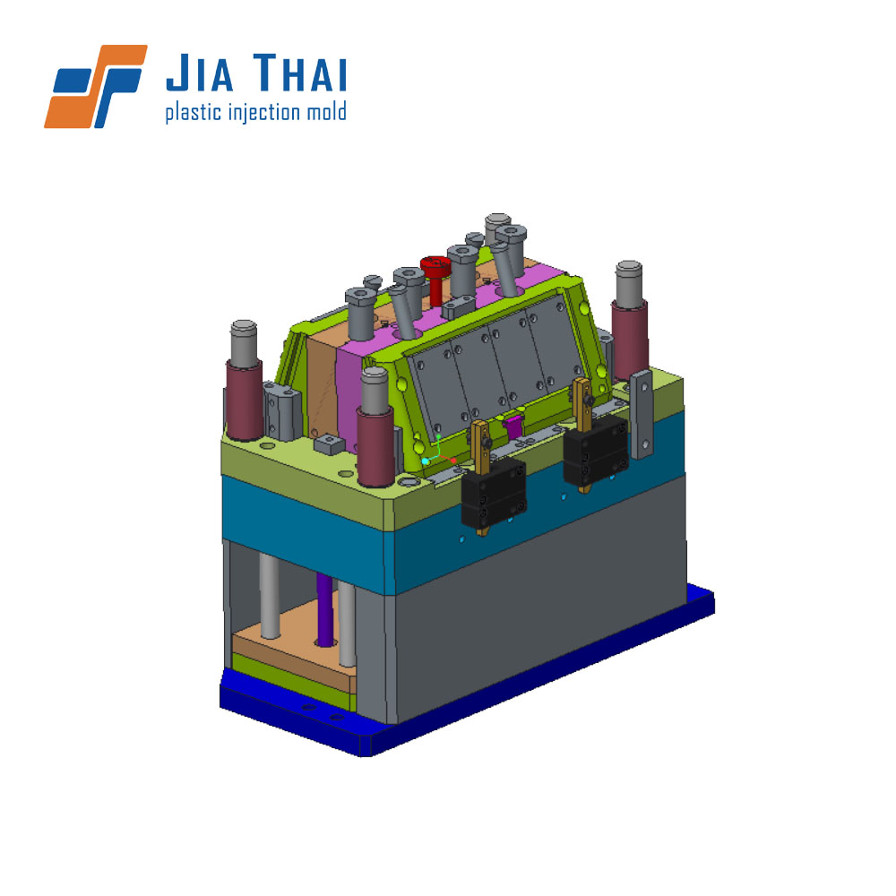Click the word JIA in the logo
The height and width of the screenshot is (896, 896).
pyautogui.click(x=200, y=73)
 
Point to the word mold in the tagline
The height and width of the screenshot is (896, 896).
pyautogui.click(x=326, y=111)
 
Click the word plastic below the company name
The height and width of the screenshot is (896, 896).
pyautogui.click(x=194, y=113)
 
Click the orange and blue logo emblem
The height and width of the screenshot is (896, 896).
pyautogui.click(x=96, y=86)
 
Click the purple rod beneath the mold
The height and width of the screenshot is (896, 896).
pyautogui.click(x=324, y=609)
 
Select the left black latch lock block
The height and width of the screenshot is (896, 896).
pyautogui.click(x=493, y=492)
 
